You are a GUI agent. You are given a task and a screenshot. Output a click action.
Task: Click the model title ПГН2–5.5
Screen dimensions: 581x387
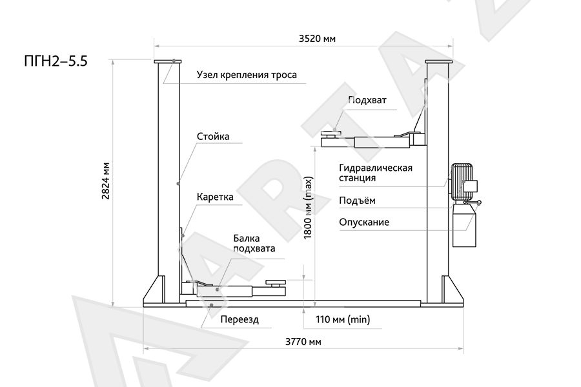56,61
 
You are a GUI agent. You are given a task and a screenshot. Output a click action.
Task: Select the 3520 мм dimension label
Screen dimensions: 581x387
317,39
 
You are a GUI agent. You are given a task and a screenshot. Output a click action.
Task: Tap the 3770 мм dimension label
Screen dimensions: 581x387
303,341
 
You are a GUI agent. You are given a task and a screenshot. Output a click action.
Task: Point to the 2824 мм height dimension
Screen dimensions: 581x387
106,181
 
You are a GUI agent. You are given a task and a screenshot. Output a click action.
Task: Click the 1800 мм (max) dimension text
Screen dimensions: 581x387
309,208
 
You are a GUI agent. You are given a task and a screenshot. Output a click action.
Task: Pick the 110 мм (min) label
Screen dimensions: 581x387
343,319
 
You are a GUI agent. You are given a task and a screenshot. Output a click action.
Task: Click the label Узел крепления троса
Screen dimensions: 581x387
247,75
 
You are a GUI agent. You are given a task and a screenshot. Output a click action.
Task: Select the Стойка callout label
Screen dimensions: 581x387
213,136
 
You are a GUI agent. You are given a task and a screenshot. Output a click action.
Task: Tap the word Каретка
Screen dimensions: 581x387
215,197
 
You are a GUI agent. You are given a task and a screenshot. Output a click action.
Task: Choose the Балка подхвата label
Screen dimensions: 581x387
254,243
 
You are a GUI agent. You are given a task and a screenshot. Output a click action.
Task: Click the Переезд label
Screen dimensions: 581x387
240,319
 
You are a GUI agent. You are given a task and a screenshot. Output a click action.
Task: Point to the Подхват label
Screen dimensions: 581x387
367,100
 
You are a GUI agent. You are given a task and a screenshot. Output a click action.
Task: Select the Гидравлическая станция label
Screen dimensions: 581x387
375,173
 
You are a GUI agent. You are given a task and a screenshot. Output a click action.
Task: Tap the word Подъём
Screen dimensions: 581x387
357,201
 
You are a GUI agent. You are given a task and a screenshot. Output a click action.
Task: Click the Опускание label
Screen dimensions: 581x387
364,222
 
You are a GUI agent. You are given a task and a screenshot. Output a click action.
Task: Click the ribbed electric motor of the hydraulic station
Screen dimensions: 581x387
462,182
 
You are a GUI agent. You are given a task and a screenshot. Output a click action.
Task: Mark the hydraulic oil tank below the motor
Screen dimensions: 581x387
464,225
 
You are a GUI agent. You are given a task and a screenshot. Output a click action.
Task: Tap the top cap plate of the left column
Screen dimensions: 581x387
168,61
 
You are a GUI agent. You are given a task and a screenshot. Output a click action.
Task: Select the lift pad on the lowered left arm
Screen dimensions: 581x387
276,283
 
